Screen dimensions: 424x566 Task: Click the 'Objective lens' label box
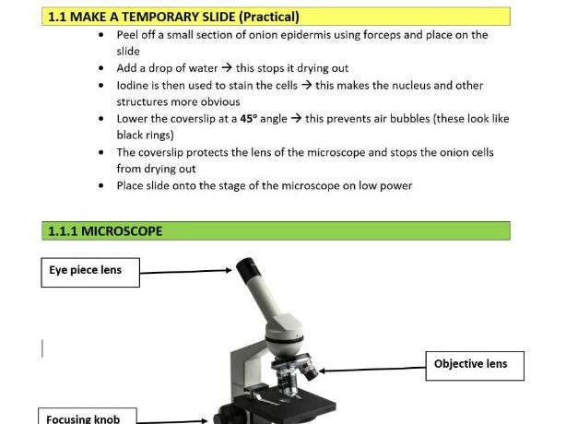pos(471,364)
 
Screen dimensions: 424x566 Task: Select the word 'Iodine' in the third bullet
pos(134,86)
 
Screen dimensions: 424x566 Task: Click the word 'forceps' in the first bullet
pos(372,35)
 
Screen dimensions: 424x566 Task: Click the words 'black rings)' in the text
pos(141,135)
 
